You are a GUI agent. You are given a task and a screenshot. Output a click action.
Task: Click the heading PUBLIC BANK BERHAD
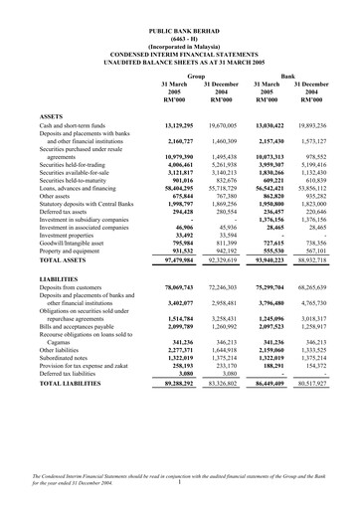[x=180, y=33]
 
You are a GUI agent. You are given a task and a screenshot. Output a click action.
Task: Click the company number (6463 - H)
[x=180, y=40]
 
